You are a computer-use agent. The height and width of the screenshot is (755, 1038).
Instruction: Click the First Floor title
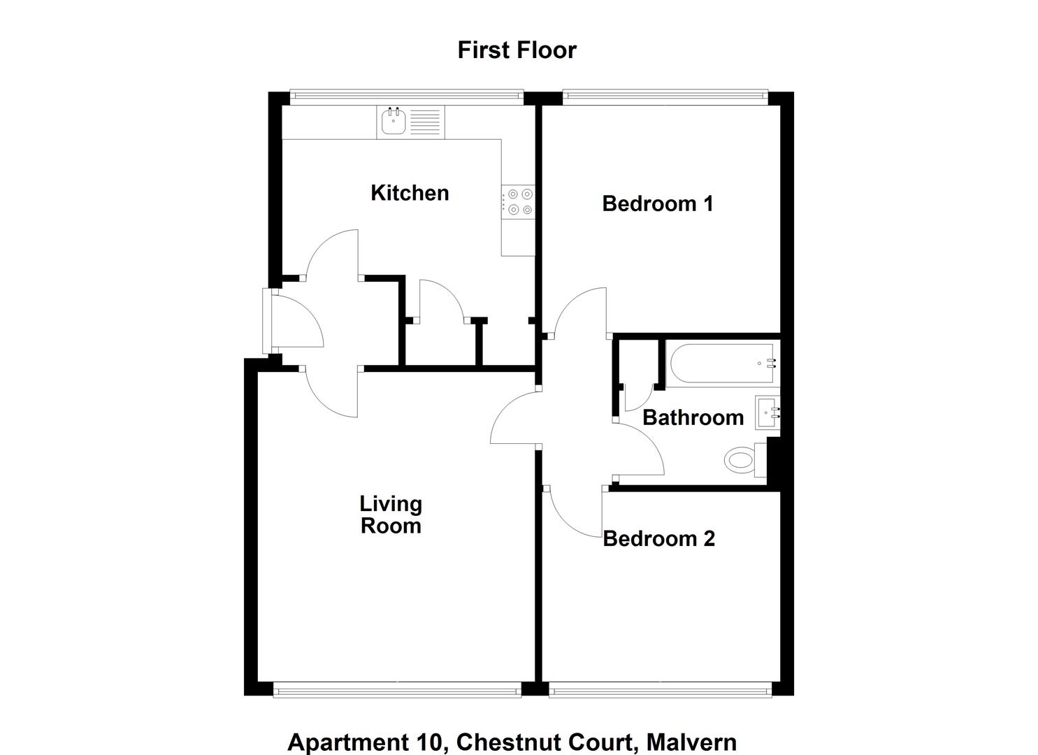pyautogui.click(x=517, y=50)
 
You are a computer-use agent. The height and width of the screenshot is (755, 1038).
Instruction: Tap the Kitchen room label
pyautogui.click(x=410, y=193)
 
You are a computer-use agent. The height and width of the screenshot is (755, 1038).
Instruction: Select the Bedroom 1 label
pyautogui.click(x=657, y=203)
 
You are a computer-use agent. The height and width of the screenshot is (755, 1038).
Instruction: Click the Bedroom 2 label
pyautogui.click(x=658, y=538)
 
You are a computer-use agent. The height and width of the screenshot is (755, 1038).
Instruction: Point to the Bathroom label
pyautogui.click(x=692, y=417)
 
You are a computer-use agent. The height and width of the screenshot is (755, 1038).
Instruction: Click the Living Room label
pyautogui.click(x=391, y=515)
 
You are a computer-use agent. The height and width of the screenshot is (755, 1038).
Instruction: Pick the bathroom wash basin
pyautogui.click(x=767, y=412)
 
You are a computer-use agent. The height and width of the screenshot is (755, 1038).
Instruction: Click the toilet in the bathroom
pyautogui.click(x=741, y=460)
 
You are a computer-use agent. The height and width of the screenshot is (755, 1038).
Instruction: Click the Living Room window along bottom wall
pyautogui.click(x=397, y=690)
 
